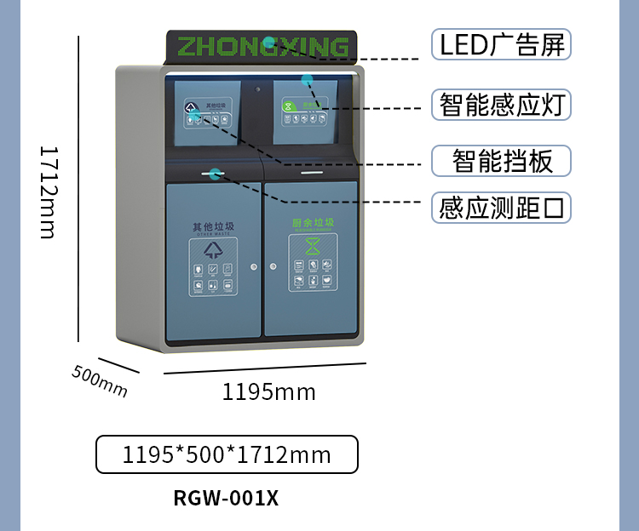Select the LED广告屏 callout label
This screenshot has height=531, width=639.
point(501,43)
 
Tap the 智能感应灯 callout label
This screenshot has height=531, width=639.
point(501,105)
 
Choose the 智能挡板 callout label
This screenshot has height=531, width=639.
point(501,160)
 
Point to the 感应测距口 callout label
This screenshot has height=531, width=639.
point(501,208)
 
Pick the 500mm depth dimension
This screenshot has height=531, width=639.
point(100,380)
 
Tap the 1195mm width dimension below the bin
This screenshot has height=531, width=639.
point(268,392)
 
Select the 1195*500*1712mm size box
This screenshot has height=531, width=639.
point(227,455)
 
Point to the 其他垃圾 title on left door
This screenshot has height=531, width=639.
point(213,226)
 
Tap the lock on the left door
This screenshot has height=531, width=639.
point(254,267)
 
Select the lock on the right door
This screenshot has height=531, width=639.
point(273,267)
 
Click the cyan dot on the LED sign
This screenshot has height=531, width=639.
point(268,42)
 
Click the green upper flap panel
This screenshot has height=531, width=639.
point(308,115)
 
